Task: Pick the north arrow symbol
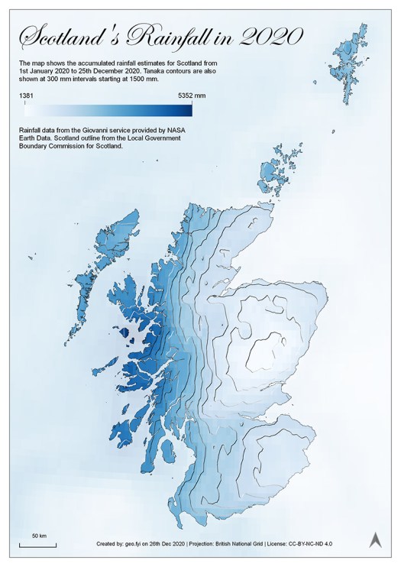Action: [375, 539]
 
